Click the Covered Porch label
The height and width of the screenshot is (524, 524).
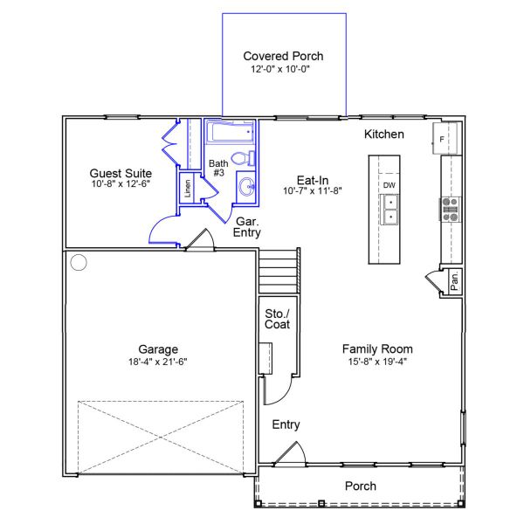(283, 56)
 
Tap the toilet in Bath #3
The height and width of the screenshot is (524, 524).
(244, 158)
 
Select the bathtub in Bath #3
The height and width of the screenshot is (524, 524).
(230, 132)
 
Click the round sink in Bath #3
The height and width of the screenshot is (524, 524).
(246, 187)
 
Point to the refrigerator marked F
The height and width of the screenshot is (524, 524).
(445, 138)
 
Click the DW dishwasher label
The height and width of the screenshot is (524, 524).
(389, 185)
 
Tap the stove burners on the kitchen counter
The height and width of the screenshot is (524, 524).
(450, 210)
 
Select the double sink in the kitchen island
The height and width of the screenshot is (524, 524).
(390, 210)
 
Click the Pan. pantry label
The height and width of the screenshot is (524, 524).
(454, 280)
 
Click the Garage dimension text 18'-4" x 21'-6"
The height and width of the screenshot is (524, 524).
(158, 362)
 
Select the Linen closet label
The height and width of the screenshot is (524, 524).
(188, 188)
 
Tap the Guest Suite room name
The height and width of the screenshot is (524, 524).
(121, 173)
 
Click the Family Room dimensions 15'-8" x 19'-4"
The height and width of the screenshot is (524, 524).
(377, 362)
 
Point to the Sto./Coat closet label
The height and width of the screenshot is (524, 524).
(278, 319)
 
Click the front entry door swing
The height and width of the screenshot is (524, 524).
(289, 453)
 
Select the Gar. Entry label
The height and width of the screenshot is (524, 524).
(247, 226)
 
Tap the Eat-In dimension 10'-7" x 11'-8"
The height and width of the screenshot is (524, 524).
(313, 190)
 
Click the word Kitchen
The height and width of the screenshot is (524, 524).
(384, 134)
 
